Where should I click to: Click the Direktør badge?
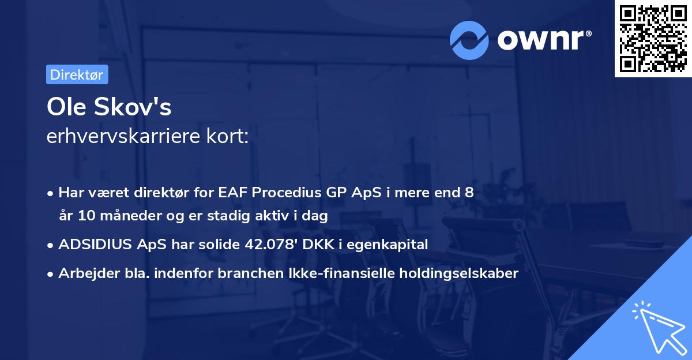point(77,74)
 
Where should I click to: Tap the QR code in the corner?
point(653,38)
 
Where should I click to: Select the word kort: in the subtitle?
point(229,137)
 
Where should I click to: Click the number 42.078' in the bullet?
point(269,245)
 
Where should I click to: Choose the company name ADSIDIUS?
point(94,245)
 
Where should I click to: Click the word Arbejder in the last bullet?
point(85,273)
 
